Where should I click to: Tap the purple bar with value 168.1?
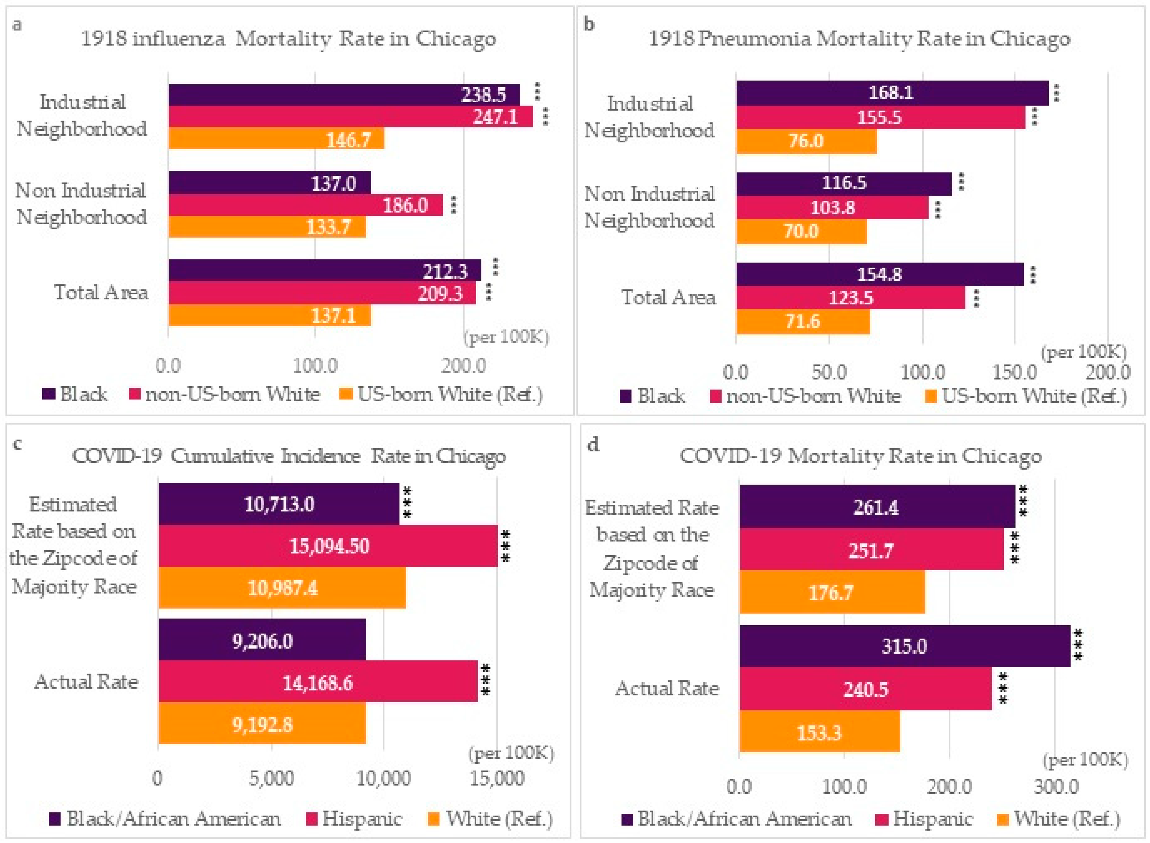[x=892, y=93]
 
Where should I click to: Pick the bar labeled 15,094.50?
[x=328, y=546]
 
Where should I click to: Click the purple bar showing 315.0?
[x=905, y=646]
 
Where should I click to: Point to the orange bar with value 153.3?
[x=819, y=732]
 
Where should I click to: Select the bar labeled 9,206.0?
[x=262, y=640]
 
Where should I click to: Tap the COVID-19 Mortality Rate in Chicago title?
[x=860, y=456]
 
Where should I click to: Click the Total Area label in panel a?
[x=101, y=292]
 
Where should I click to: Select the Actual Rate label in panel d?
[x=667, y=688]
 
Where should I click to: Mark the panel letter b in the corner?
[x=589, y=24]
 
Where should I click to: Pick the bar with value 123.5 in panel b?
[x=850, y=297]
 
